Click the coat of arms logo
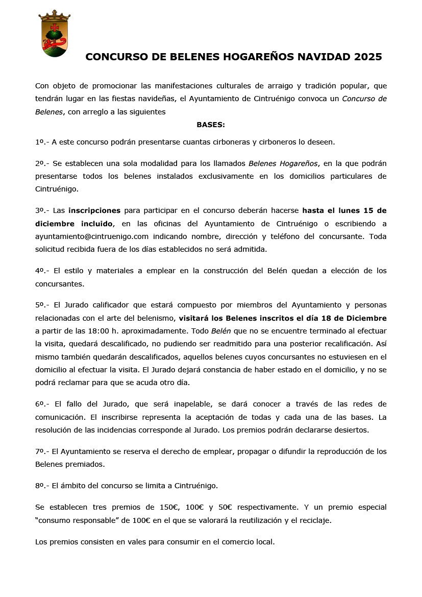[x=55, y=34]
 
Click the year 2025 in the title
[x=367, y=57]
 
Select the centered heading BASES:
[x=211, y=125]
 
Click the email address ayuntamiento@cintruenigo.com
[x=92, y=236]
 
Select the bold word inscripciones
[x=94, y=210]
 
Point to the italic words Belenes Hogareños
[x=283, y=163]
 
